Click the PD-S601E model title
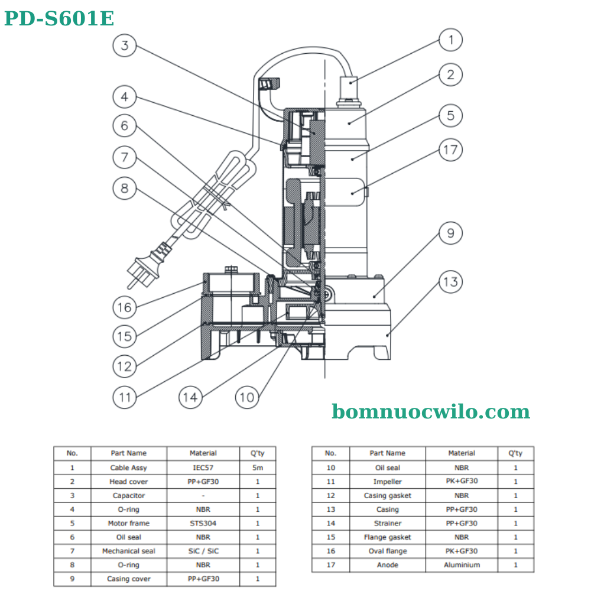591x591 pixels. (59, 19)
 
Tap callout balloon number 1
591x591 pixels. (450, 40)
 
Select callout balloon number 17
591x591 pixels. (450, 150)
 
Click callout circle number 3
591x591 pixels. (125, 45)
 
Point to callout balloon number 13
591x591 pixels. (450, 282)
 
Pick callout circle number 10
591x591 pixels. (247, 397)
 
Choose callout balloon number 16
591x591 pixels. (125, 307)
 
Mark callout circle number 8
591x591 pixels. (125, 189)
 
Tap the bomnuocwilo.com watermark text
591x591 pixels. (430, 411)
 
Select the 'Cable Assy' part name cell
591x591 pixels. (129, 467)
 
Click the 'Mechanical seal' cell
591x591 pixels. (129, 551)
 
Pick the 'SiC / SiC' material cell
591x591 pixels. (203, 551)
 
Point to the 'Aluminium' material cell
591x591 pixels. (462, 565)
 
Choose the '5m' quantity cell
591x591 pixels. (257, 467)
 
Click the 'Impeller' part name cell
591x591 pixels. (388, 482)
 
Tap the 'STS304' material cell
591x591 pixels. (203, 523)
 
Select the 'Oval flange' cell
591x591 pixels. (388, 551)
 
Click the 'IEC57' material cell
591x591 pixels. (203, 467)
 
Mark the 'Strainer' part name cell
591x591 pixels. (388, 523)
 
